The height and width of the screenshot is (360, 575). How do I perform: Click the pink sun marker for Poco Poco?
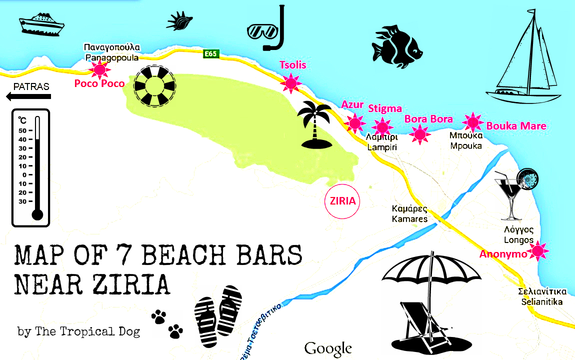pyautogui.click(x=98, y=69)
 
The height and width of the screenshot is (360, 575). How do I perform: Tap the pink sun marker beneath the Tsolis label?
pyautogui.click(x=290, y=82)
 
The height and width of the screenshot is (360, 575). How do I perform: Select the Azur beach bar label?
pyautogui.click(x=352, y=104)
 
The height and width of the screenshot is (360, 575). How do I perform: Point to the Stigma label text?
pyautogui.click(x=385, y=108)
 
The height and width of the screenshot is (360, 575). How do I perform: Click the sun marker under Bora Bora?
pyautogui.click(x=420, y=133)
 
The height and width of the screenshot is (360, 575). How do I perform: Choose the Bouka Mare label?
pyautogui.click(x=516, y=126)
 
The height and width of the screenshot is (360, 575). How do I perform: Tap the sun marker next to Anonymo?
pyautogui.click(x=538, y=251)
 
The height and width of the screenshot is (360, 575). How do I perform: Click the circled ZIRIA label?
pyautogui.click(x=342, y=201)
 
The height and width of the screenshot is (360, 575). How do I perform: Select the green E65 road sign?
pyautogui.click(x=211, y=53)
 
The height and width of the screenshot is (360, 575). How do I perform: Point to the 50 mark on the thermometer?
pyautogui.click(x=23, y=130)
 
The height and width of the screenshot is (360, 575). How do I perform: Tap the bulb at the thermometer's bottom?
pyautogui.click(x=37, y=214)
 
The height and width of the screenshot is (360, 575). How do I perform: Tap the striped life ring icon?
pyautogui.click(x=155, y=86)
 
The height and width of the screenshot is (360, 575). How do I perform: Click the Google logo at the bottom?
pyautogui.click(x=328, y=348)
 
